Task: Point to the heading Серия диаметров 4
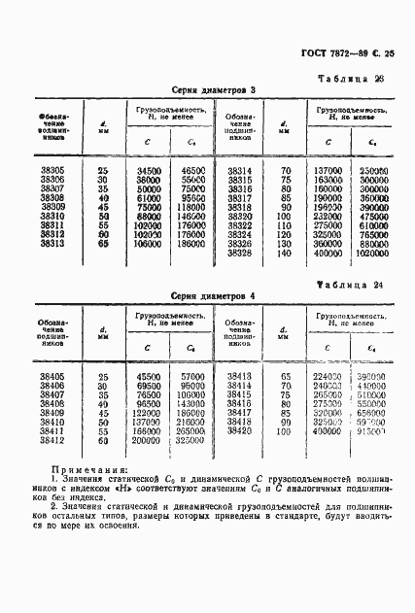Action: (213, 296)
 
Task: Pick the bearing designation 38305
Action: (52, 170)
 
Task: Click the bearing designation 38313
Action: (52, 244)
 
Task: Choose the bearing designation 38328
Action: (239, 253)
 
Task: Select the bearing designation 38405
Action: (52, 376)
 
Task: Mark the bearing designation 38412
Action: (52, 440)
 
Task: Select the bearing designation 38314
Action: (239, 170)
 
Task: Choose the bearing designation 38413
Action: (239, 376)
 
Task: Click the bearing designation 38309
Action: (52, 207)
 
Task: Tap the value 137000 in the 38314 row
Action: (328, 170)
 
